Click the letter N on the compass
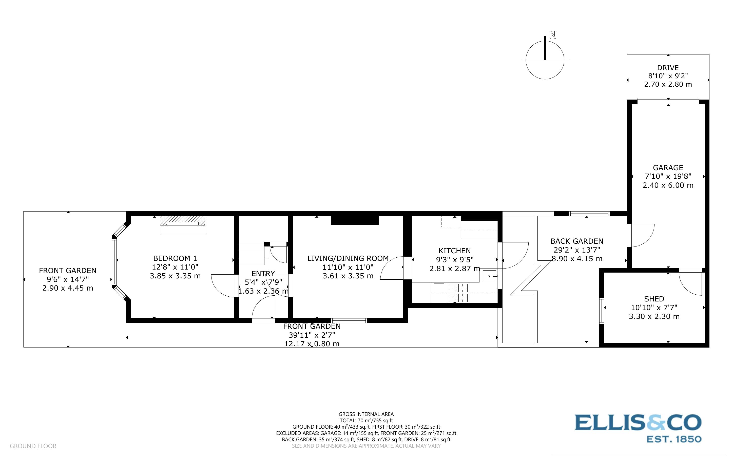pyautogui.click(x=553, y=35)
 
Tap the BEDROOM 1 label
pyautogui.click(x=175, y=258)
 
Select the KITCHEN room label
pyautogui.click(x=454, y=251)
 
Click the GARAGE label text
pyautogui.click(x=668, y=168)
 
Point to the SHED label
pyautogui.click(x=654, y=299)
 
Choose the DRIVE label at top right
pyautogui.click(x=668, y=68)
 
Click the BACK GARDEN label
pyautogui.click(x=577, y=241)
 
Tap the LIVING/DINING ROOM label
pyautogui.click(x=348, y=258)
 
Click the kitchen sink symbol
pyautogui.click(x=489, y=276)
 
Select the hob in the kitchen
pyautogui.click(x=458, y=293)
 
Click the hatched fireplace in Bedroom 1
pyautogui.click(x=183, y=221)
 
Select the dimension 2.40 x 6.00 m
pyautogui.click(x=668, y=185)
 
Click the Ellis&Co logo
pyautogui.click(x=638, y=423)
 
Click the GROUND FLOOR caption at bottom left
pyautogui.click(x=33, y=446)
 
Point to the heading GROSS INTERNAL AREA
pyautogui.click(x=366, y=414)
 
